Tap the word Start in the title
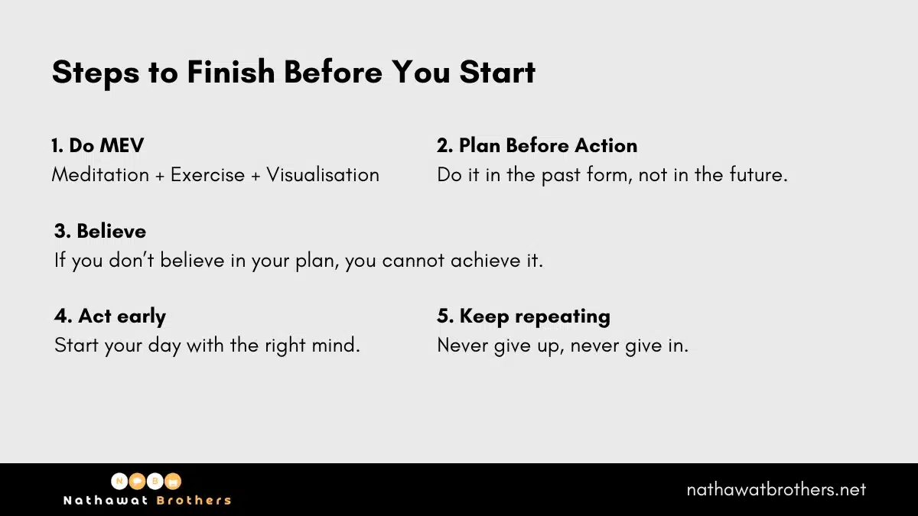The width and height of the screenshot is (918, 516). pos(497,72)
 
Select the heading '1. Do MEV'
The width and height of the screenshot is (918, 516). pos(97,145)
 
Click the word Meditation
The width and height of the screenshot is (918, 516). pos(100,174)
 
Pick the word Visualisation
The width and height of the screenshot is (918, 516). pos(323,174)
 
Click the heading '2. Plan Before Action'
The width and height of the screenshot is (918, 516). pos(537,145)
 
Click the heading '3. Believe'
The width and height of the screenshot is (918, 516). pos(100,231)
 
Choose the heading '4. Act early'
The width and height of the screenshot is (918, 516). pos(110,316)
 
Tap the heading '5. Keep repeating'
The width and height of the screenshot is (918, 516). pos(523,316)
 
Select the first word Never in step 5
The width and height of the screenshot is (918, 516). pos(464,345)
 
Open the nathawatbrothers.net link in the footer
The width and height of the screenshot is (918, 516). pos(776,489)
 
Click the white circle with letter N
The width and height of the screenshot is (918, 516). pos(120,482)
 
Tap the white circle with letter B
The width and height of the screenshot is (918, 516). pos(156,482)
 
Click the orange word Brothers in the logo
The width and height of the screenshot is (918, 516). pos(194,501)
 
